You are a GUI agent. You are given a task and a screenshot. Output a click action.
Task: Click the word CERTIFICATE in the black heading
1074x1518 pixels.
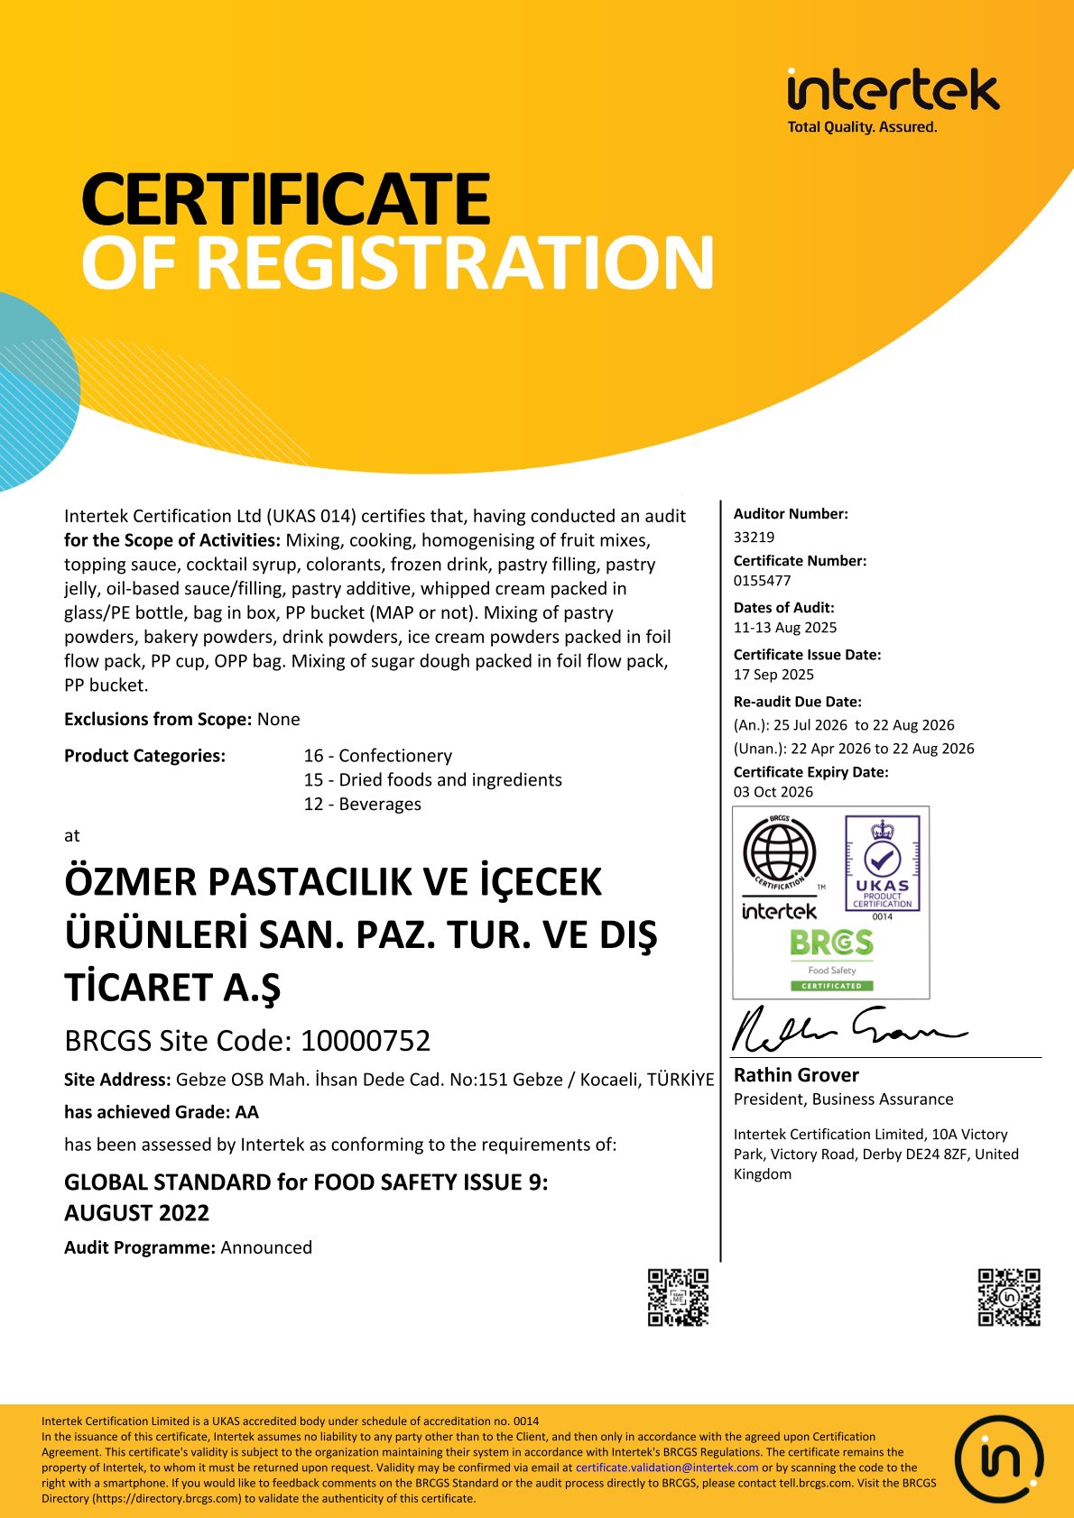[x=285, y=199]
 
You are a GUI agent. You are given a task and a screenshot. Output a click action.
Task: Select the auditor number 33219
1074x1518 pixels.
[x=754, y=537]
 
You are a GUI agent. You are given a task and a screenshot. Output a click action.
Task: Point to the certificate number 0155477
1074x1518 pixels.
[x=762, y=581]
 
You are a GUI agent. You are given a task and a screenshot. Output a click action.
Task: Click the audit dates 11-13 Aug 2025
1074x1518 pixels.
[x=784, y=628]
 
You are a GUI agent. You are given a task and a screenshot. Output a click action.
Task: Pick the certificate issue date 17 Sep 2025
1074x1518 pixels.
[x=773, y=675]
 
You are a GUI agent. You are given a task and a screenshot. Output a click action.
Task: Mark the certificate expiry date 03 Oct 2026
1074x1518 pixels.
[x=773, y=792]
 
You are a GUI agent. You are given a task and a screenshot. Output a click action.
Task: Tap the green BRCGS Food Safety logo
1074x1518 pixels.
[x=831, y=959]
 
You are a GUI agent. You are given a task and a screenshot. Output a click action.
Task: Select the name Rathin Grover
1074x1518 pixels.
[x=795, y=1075]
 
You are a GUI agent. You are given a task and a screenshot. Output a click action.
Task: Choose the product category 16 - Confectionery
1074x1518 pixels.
[x=377, y=756]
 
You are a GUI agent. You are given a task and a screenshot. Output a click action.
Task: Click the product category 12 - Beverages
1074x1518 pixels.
[x=362, y=804]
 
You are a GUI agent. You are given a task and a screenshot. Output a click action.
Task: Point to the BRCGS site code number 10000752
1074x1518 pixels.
[x=365, y=1041]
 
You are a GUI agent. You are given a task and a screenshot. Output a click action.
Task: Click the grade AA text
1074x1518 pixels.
[x=246, y=1112]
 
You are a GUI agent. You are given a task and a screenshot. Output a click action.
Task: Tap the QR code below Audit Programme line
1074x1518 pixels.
[x=678, y=1297]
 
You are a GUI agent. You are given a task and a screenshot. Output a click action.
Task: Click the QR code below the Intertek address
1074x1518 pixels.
[x=1009, y=1297]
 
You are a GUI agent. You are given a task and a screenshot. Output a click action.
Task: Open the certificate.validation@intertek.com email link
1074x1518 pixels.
[x=667, y=1467]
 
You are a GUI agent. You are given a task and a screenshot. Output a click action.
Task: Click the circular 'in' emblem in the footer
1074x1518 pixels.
[x=998, y=1458]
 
